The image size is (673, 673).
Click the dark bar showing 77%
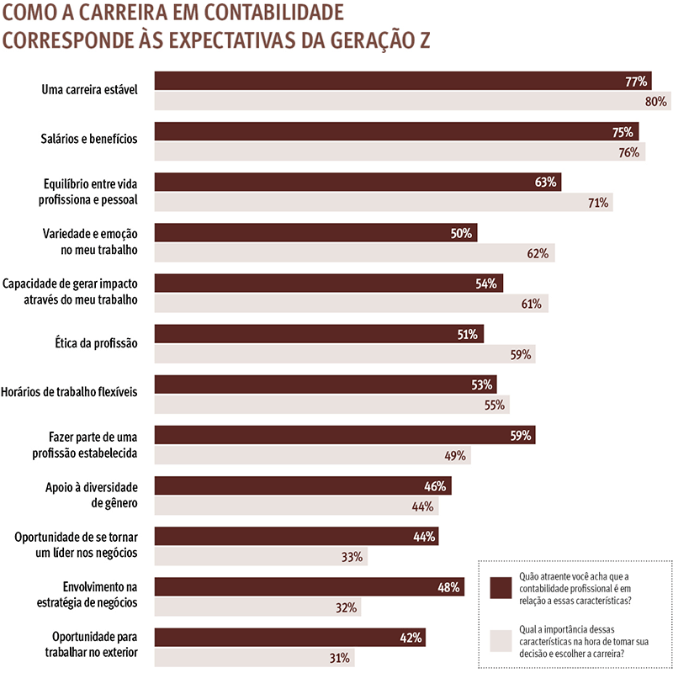(x=404, y=82)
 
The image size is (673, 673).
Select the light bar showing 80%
(x=412, y=102)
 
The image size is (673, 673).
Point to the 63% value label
(x=546, y=183)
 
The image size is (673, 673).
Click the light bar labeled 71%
(x=384, y=203)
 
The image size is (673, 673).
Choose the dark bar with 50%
(x=316, y=233)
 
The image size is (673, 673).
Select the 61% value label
(x=531, y=304)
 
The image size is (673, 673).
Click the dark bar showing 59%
(x=345, y=435)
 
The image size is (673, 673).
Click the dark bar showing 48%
(x=310, y=586)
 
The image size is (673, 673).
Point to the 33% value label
(x=352, y=556)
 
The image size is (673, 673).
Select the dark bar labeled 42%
(x=289, y=637)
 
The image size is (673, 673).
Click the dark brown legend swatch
(x=501, y=586)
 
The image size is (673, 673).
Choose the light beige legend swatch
(x=501, y=640)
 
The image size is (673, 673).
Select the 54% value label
(x=486, y=284)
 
